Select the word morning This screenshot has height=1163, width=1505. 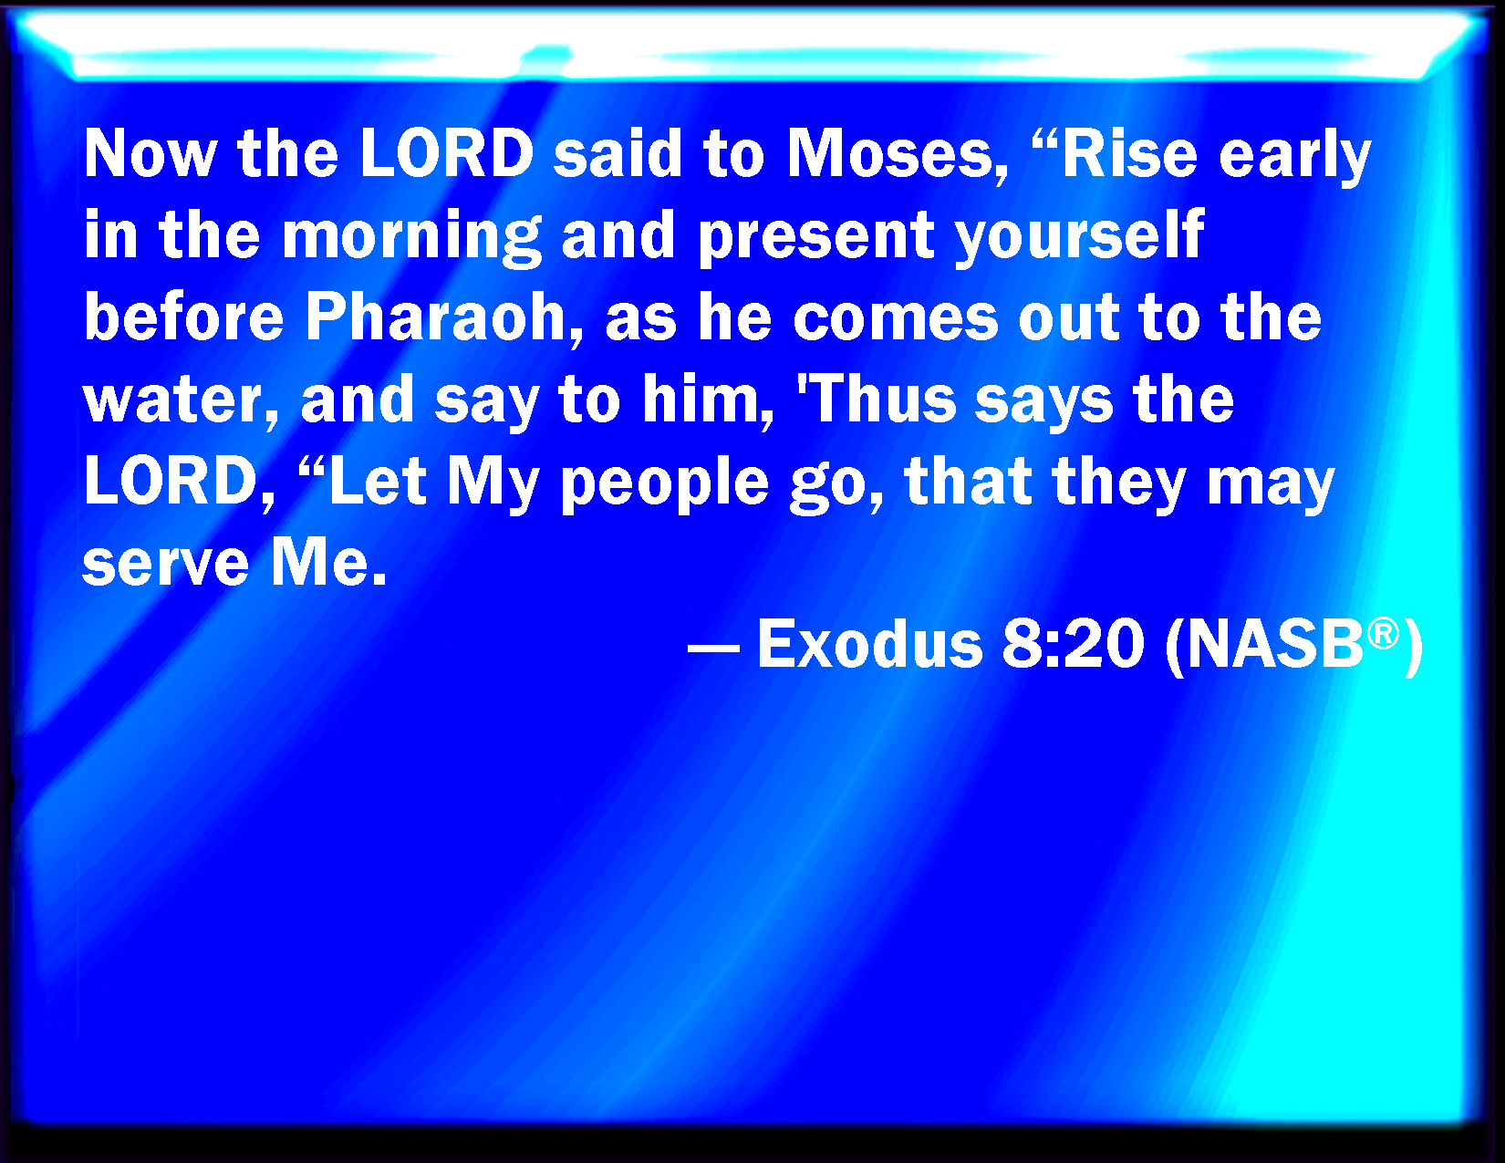coord(411,237)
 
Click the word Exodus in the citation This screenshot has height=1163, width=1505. coord(870,644)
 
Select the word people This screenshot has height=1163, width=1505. coord(664,483)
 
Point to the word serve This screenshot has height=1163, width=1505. coord(165,565)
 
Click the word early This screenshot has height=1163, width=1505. coord(1294,156)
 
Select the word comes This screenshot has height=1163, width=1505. coord(896,321)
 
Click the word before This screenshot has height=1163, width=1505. coord(183,317)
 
